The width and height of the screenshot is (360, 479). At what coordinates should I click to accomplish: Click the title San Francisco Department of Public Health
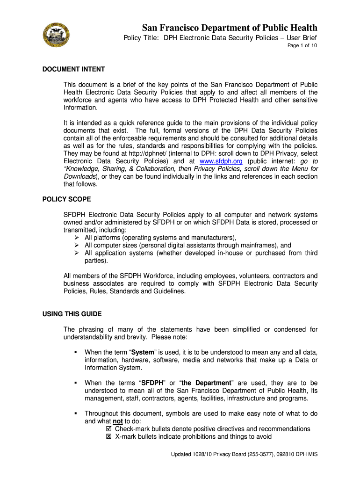[x=230, y=28]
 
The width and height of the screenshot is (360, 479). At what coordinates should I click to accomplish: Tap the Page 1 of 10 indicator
[x=302, y=46]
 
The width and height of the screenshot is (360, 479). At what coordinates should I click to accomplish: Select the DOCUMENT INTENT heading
[x=74, y=69]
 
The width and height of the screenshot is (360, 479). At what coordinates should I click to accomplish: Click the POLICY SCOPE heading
[x=67, y=199]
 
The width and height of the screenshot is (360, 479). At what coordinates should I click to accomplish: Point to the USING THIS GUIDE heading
[x=72, y=313]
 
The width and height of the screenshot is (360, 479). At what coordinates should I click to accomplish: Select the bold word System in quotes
[x=143, y=352]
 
